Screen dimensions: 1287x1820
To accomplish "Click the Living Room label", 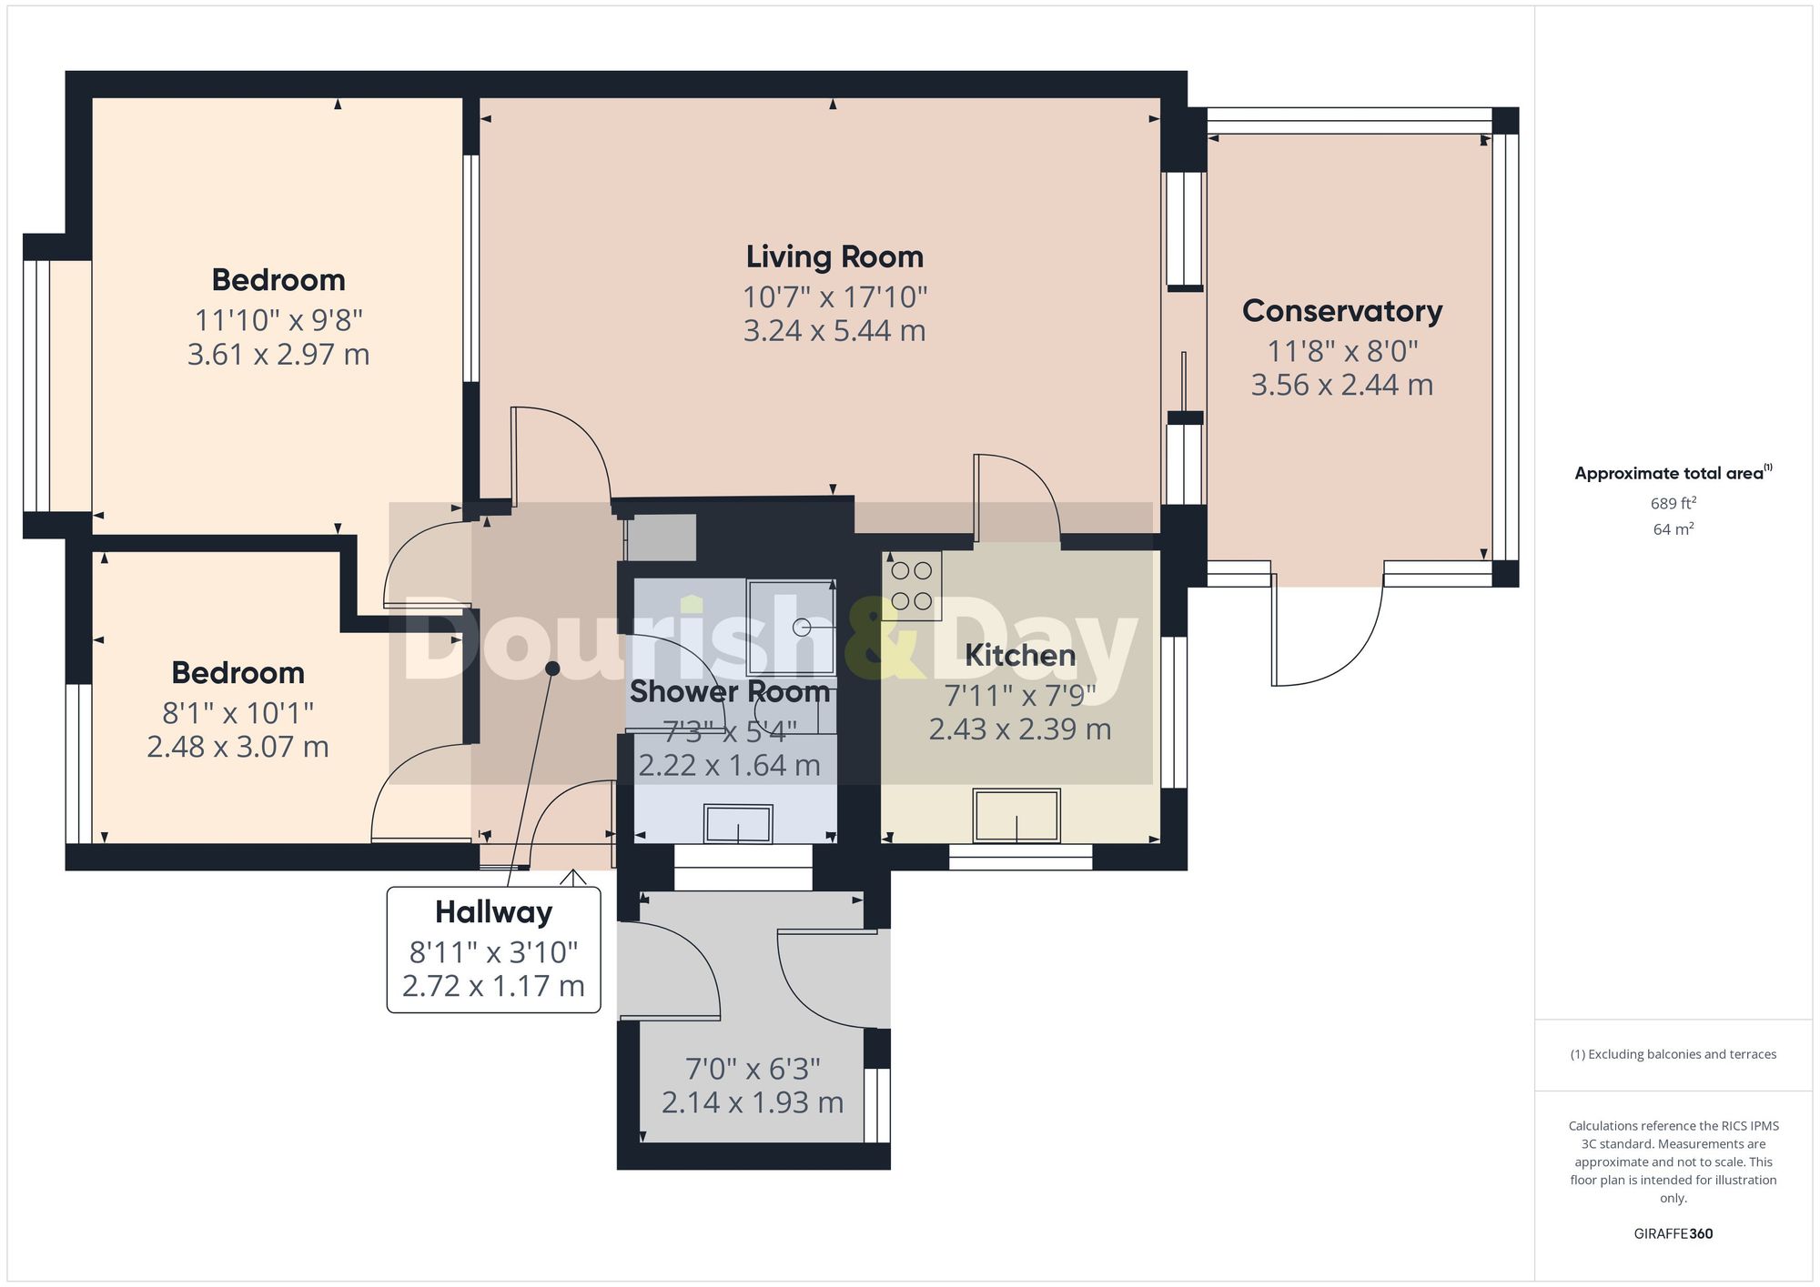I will point(834,257).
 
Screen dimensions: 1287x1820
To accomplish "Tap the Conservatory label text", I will point(1342,311).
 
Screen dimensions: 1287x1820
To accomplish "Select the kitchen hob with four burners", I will point(912,587).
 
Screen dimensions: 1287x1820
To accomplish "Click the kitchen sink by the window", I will point(1016,816).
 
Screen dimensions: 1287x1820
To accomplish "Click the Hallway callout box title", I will point(493,912).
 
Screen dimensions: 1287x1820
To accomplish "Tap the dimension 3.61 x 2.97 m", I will point(278,355).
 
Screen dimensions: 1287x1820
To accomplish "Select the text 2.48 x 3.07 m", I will point(238,748).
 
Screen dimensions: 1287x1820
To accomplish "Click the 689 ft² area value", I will point(1673,503).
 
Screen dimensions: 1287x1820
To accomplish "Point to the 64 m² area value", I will point(1673,529).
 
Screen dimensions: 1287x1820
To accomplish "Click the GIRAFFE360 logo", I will point(1673,1234).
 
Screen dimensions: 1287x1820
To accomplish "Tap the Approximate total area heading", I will point(1673,473).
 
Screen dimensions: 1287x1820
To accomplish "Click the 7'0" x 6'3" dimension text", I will point(753,1069).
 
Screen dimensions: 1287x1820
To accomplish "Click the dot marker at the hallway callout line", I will point(552,669).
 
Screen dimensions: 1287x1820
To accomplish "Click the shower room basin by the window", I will point(738,824).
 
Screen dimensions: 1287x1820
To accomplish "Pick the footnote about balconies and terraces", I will point(1673,1055).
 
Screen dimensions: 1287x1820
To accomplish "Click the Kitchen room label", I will point(1019,655).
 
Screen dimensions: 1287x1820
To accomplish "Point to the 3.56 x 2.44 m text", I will point(1342,386).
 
